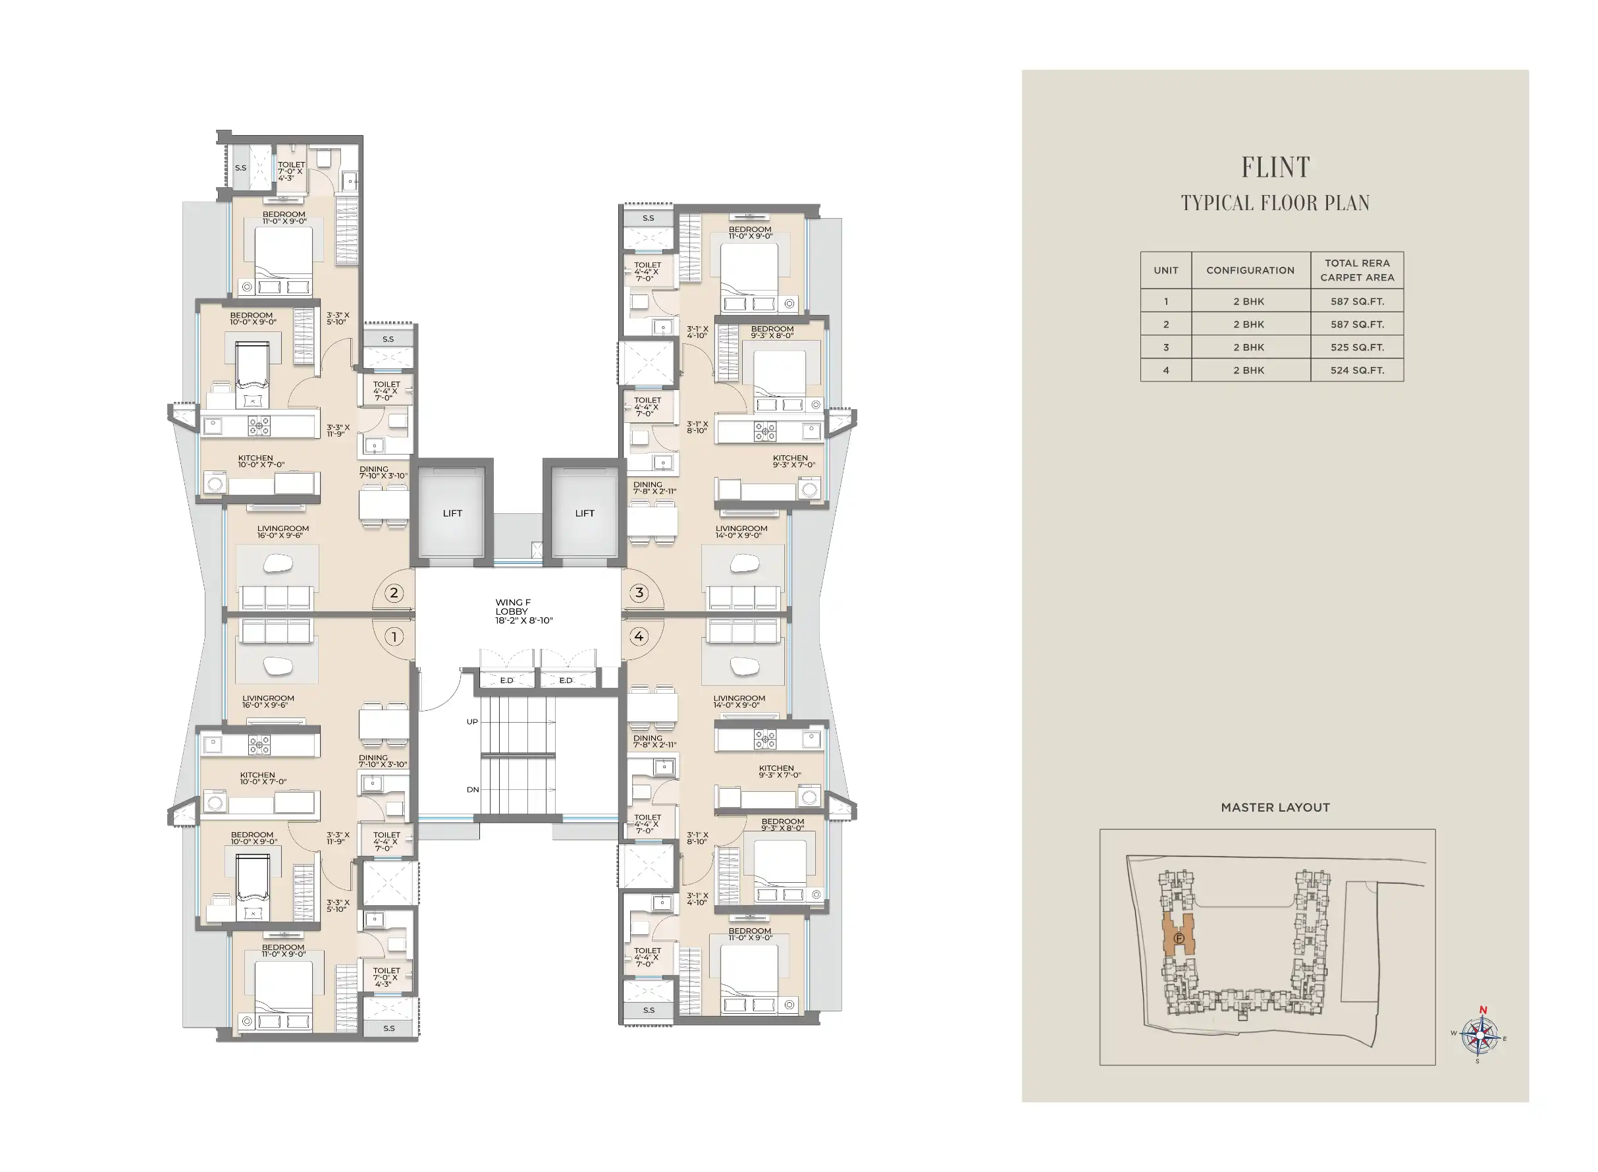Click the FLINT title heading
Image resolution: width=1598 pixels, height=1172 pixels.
(1275, 167)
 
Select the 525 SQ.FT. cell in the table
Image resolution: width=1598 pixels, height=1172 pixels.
(1357, 347)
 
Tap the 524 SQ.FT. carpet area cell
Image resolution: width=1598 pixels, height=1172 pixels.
(1357, 370)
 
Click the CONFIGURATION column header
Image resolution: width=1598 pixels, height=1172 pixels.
(1250, 270)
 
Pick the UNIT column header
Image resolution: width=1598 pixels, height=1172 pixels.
(1165, 270)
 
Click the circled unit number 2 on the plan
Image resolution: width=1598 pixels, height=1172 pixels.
(394, 593)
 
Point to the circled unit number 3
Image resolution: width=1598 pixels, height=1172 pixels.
(639, 593)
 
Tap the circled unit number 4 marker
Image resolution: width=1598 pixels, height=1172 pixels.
(639, 636)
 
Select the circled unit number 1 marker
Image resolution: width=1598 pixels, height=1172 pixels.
(394, 636)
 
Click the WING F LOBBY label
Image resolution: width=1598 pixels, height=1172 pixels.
(524, 611)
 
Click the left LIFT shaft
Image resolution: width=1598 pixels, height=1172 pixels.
(452, 513)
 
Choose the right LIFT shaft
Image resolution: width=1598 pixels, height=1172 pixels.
(584, 513)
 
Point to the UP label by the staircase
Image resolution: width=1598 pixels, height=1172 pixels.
(472, 721)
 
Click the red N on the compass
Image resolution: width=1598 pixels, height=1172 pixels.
(1481, 1010)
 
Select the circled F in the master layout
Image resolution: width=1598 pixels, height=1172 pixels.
(1179, 938)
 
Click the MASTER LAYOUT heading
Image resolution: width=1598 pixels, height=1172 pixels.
(1275, 807)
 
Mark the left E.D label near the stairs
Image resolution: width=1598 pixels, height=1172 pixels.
(506, 681)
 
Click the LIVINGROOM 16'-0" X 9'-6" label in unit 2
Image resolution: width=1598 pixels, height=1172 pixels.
(283, 532)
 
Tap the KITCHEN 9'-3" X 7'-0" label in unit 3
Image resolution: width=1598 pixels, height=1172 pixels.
(793, 462)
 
